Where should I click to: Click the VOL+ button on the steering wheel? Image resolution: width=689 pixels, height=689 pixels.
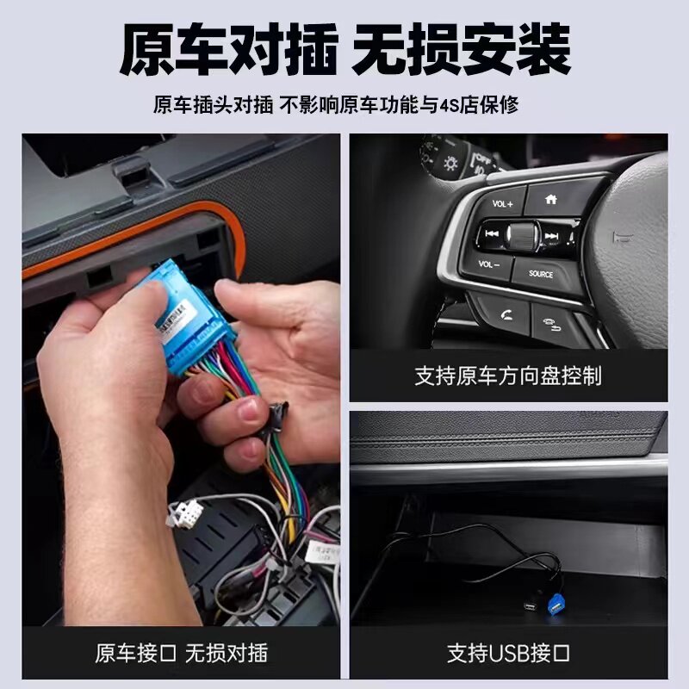click(x=501, y=204)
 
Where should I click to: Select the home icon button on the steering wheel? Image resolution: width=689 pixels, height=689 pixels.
click(x=551, y=199)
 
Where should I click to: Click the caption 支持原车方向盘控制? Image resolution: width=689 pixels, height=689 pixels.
click(x=508, y=376)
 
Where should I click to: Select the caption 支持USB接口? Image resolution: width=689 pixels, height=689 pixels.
click(x=508, y=652)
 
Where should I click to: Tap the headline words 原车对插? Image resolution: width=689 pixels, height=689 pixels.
click(x=227, y=50)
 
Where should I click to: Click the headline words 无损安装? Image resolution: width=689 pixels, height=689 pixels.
click(x=462, y=50)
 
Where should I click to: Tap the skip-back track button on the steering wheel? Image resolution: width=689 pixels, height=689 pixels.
click(x=492, y=234)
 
